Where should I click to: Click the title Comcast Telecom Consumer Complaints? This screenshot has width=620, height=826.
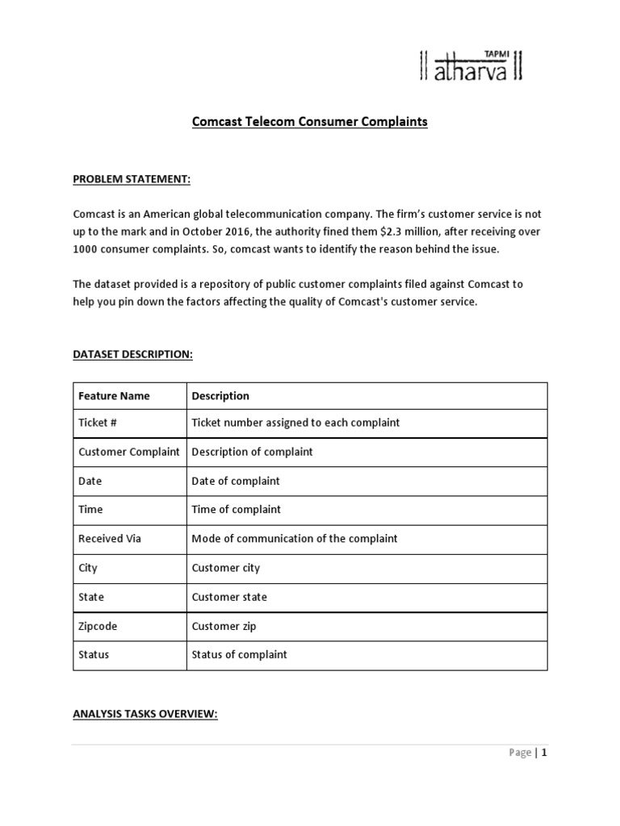(309, 123)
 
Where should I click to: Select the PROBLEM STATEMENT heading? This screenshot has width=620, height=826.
(132, 179)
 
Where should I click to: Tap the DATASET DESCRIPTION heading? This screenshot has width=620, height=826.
(133, 354)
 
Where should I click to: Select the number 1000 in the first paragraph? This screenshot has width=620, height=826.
(86, 249)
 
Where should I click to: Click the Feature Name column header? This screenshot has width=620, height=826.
(114, 396)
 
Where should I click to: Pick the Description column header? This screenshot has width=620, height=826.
(220, 396)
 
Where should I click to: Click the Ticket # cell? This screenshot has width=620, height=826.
(98, 423)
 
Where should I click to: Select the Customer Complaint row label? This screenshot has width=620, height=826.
(128, 452)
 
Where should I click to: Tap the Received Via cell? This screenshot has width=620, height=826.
(109, 539)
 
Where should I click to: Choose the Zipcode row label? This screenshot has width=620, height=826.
(98, 626)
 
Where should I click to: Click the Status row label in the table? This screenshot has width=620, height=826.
(94, 655)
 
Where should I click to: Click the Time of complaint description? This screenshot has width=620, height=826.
(237, 510)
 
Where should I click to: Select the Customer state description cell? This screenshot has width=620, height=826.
(229, 597)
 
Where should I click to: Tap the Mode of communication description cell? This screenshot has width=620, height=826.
(295, 539)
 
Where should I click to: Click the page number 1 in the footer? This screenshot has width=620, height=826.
(544, 753)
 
